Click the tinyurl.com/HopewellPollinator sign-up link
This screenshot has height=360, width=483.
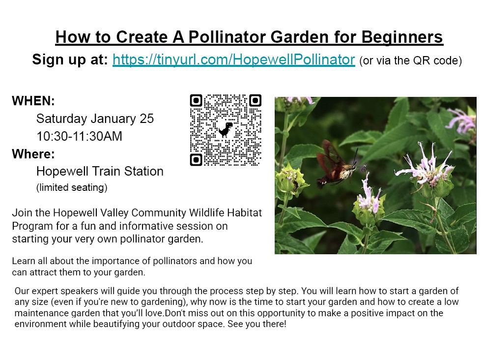(233, 60)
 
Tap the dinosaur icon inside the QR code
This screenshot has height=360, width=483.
(226, 129)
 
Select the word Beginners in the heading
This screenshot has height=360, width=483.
(402, 37)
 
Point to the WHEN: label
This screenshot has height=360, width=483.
(33, 101)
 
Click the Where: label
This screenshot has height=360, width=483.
(33, 154)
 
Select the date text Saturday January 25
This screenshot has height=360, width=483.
(95, 119)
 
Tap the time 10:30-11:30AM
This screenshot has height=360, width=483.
(79, 136)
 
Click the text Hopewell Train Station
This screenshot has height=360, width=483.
(100, 172)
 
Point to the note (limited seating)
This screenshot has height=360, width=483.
(72, 187)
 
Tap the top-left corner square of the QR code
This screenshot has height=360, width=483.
(196, 101)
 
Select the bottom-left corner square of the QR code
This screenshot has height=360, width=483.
(196, 159)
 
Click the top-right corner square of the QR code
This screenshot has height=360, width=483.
(255, 101)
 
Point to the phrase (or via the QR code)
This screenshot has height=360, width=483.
(411, 61)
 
